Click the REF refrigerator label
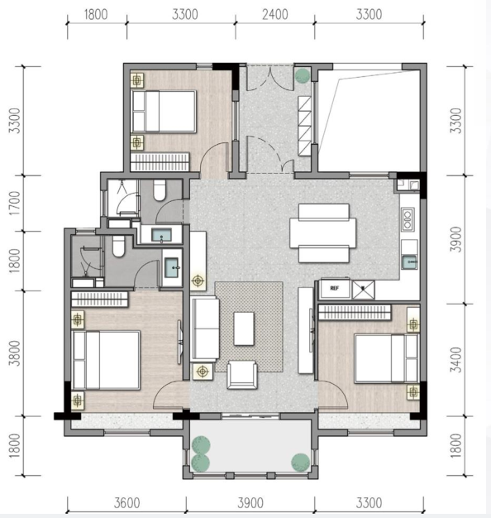[x=334, y=288]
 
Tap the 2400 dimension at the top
[x=275, y=15]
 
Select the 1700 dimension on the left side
[x=15, y=204]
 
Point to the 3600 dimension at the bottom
[x=127, y=503]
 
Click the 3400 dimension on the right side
[x=455, y=359]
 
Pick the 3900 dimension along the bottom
[x=250, y=503]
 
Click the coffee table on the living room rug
[x=244, y=329]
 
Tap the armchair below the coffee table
[x=242, y=375]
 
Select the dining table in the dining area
[x=323, y=233]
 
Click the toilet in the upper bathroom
[x=160, y=190]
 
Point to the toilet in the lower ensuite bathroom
[x=118, y=246]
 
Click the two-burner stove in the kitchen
[x=408, y=219]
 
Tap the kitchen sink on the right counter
[x=409, y=261]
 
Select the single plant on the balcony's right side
[x=300, y=462]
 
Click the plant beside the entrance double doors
[x=303, y=75]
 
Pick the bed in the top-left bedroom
[x=164, y=112]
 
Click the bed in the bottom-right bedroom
[x=386, y=358]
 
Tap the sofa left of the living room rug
[x=205, y=329]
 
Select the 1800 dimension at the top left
[x=96, y=15]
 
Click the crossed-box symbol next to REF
[x=364, y=290]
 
